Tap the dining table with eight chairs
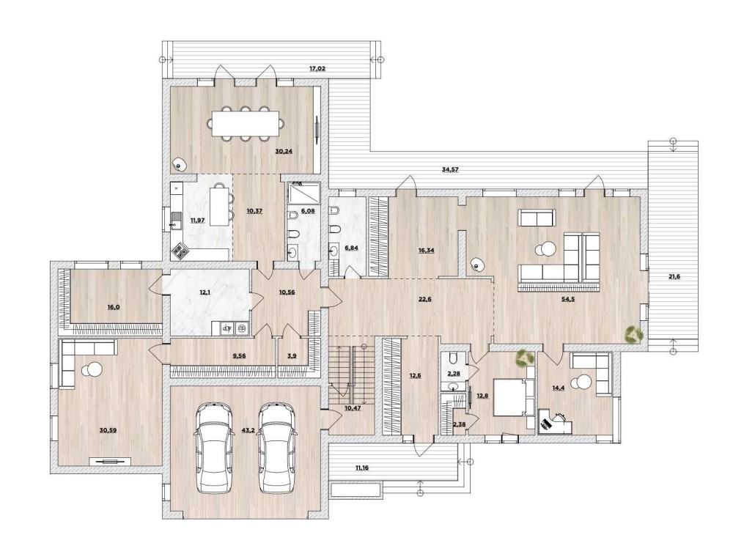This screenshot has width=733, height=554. coord(246,123)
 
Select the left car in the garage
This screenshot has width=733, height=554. coord(214,448)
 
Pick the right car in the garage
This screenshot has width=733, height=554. coord(278,448)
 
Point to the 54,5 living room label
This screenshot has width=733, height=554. coord(567,299)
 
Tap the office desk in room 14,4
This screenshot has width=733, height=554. coord(556,421)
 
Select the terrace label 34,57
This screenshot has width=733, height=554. coord(450,169)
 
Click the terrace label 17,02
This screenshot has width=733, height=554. coord(317,68)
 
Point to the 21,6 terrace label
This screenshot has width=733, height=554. coord(674,276)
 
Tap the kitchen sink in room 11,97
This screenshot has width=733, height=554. coord(176,221)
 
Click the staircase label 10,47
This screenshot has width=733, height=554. coord(353,408)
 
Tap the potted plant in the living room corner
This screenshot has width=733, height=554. coord(633,335)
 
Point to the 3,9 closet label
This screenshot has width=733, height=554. coord(292,355)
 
